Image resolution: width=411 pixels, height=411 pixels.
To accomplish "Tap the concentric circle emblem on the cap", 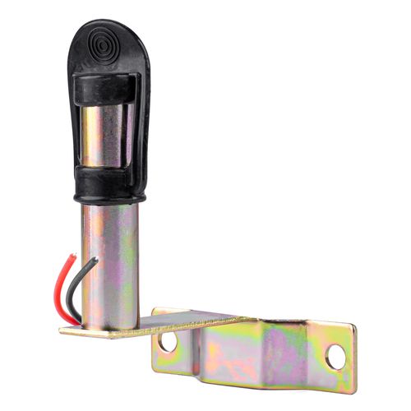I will pos(106,42).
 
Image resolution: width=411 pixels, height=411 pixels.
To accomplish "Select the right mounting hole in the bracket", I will pos(335,356).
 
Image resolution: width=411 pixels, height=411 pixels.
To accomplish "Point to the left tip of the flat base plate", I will pos(62,332).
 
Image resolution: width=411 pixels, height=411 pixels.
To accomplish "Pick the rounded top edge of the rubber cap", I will pos(107,22).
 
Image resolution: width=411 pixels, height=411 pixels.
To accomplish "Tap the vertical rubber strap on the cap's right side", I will pos(141,123).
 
